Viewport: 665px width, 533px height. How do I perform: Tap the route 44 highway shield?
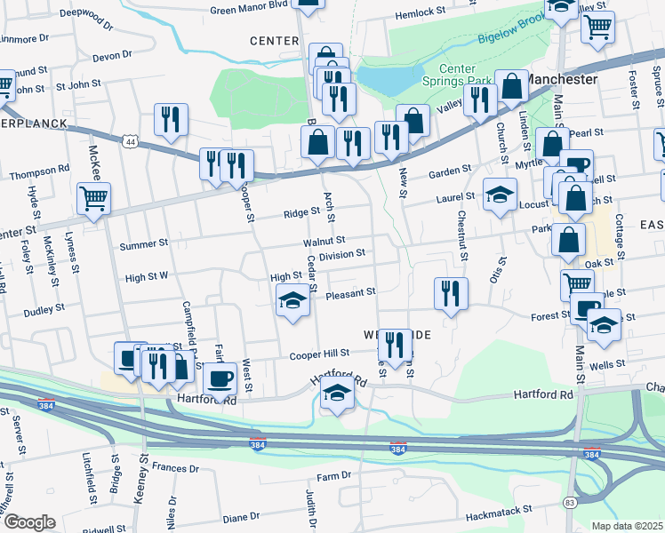click(x=131, y=141)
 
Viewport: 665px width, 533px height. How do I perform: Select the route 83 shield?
click(x=569, y=503)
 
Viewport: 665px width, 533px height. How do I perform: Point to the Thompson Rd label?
click(x=40, y=169)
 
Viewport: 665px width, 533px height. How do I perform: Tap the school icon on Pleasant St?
click(x=291, y=300)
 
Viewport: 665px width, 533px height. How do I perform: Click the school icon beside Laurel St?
click(x=500, y=194)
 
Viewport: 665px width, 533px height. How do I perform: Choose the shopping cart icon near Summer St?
click(x=93, y=199)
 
